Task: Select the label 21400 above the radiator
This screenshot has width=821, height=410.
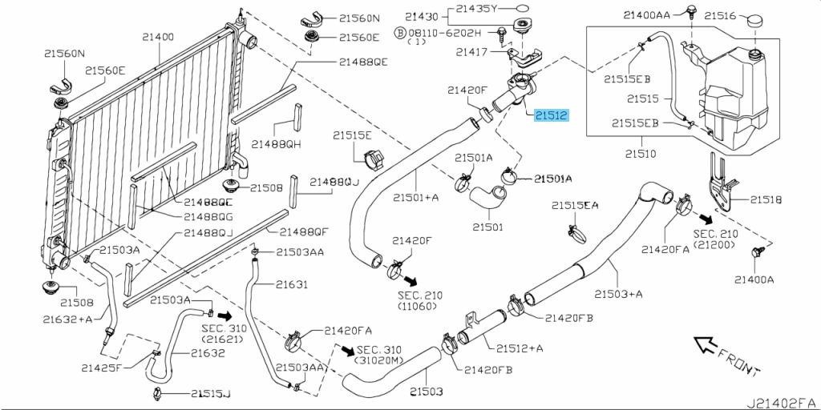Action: pyautogui.click(x=158, y=37)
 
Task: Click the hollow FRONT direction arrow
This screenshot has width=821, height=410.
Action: pyautogui.click(x=705, y=345)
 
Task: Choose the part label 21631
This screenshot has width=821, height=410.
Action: pyautogui.click(x=292, y=283)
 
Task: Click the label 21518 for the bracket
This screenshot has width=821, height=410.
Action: pyautogui.click(x=765, y=199)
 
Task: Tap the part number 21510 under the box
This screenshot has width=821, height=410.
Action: pyautogui.click(x=641, y=151)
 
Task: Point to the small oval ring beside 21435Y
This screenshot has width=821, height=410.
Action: pyautogui.click(x=523, y=10)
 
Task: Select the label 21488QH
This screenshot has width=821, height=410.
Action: pyautogui.click(x=275, y=144)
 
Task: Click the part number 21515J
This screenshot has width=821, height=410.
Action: pyautogui.click(x=210, y=393)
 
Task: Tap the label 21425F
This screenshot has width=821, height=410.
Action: pyautogui.click(x=102, y=368)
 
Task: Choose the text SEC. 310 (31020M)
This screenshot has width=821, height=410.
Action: pyautogui.click(x=378, y=356)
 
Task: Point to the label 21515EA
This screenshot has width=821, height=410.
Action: pyautogui.click(x=575, y=206)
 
